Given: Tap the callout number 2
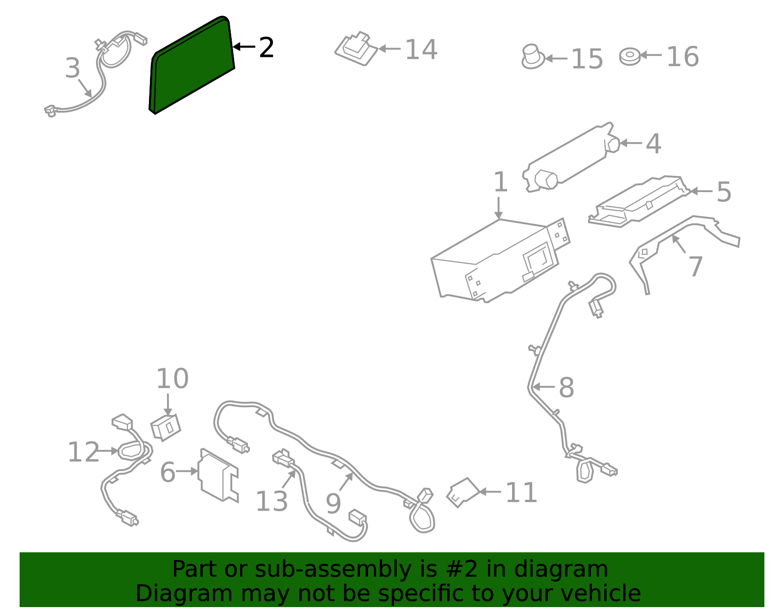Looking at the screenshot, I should click(266, 48).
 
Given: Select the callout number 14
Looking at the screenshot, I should click(421, 50).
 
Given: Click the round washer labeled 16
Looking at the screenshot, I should click(630, 56).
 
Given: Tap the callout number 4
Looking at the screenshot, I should click(653, 144).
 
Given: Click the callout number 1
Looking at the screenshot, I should click(500, 182).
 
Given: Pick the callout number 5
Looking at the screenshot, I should click(724, 192).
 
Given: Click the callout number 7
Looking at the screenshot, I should click(696, 267).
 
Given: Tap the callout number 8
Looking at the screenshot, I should click(566, 388).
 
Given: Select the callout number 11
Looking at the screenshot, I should click(521, 493).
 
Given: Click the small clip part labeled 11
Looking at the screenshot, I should click(462, 492).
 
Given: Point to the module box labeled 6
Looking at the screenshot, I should click(218, 475).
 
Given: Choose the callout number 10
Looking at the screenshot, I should click(172, 379).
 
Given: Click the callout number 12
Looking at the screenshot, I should click(83, 452).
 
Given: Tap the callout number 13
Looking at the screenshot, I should click(271, 502).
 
